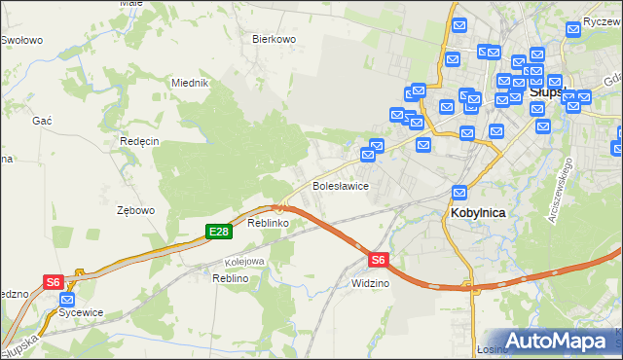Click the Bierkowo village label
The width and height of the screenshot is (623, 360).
click(x=274, y=40)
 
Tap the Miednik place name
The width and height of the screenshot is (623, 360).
click(x=190, y=84)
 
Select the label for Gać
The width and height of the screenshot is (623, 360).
click(x=42, y=119)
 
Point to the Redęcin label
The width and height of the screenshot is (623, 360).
click(x=139, y=141)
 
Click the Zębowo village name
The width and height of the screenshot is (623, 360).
click(x=135, y=210)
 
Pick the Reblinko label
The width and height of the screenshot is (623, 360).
click(x=266, y=223)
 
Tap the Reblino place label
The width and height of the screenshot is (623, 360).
click(x=231, y=278)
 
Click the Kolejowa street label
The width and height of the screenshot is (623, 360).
click(x=244, y=262)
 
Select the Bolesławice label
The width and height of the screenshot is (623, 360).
click(x=339, y=185)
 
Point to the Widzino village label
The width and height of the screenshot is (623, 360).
click(x=370, y=283)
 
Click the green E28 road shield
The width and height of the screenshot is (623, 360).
click(x=218, y=232)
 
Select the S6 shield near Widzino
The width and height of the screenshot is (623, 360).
click(x=379, y=260)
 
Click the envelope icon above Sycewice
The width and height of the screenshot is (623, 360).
click(x=67, y=300)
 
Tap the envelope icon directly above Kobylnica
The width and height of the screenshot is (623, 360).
click(x=460, y=194)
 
